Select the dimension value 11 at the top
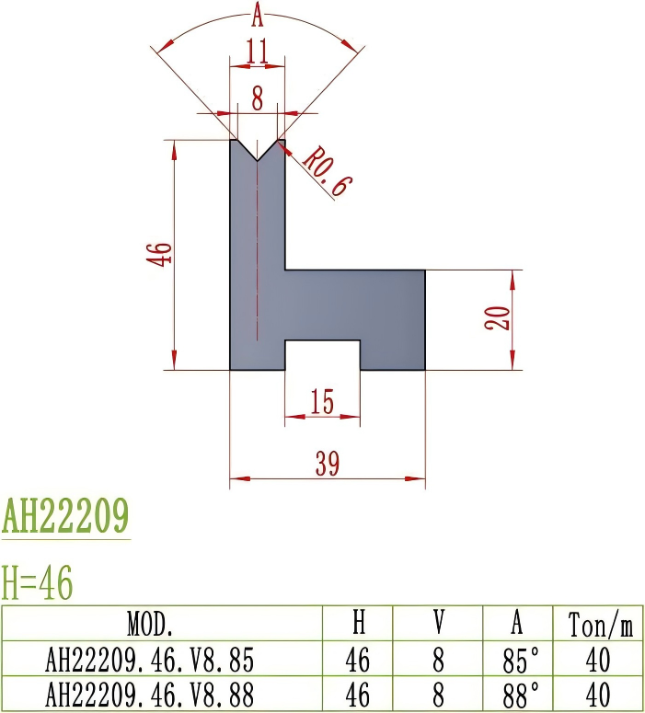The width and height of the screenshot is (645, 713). coord(258,52)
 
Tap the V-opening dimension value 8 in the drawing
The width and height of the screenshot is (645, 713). coord(258,98)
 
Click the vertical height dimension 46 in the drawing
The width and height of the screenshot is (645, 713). coord(159,254)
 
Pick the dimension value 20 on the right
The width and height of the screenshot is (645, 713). coord(497,319)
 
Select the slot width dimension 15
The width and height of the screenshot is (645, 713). coord(322,402)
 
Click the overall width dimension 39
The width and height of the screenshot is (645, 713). coord(327,465)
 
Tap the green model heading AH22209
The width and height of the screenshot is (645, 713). coord(65,517)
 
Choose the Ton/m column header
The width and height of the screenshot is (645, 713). coord(597,626)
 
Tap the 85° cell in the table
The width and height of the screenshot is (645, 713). coord(518,660)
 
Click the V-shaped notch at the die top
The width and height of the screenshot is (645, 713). coord(258,148)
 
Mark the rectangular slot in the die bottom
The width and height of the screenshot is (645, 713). coord(322,355)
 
